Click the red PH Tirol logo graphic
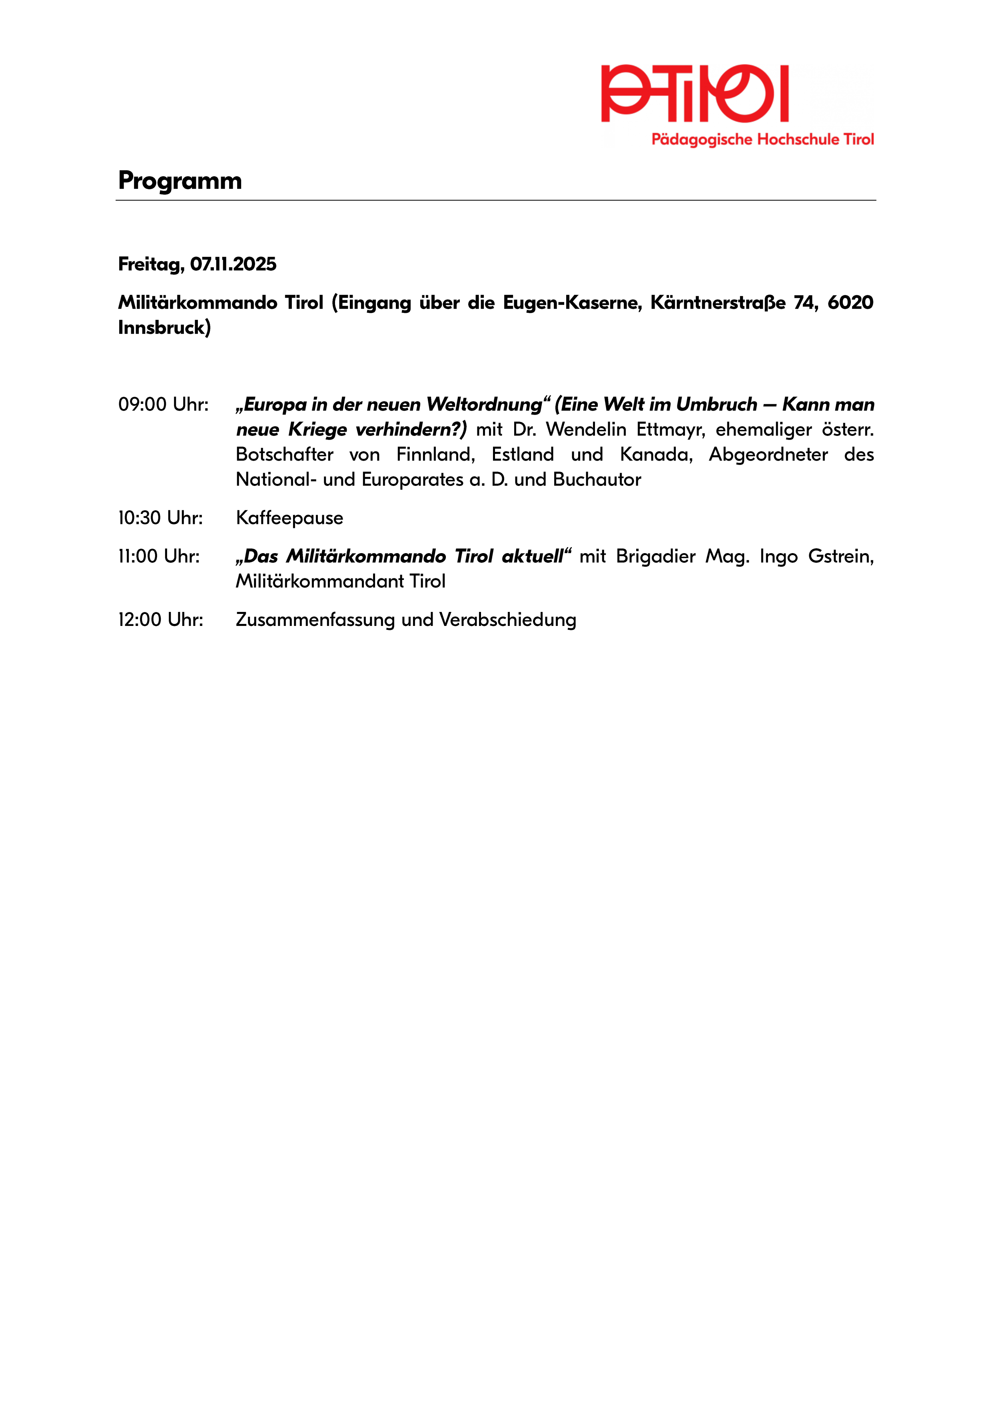(695, 94)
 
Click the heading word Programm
(180, 181)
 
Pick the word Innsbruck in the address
(164, 328)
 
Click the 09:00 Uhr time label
(163, 404)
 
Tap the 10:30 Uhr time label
(160, 518)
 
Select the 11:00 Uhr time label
(159, 557)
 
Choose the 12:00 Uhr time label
(160, 620)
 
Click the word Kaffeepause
(289, 518)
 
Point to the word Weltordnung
(484, 404)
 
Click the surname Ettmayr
(671, 430)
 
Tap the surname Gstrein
(840, 557)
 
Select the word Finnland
(435, 455)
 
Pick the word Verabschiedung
(508, 620)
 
